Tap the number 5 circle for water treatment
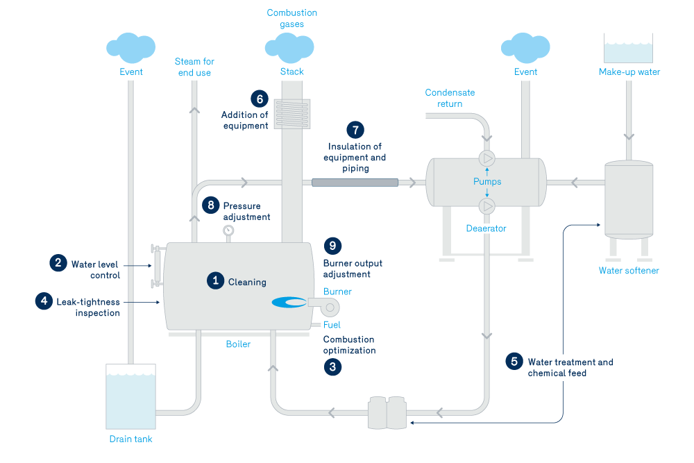coord(514,361)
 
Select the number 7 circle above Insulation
coord(355,130)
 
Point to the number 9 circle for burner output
coord(332,246)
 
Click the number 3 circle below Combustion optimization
coord(332,367)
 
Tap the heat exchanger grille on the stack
coord(291,113)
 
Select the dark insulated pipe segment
coord(355,183)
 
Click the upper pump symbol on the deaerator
coord(487,157)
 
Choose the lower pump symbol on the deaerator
coord(487,206)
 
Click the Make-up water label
coord(629,72)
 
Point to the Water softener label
coord(629,271)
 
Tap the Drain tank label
coord(130,439)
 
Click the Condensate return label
coord(450,98)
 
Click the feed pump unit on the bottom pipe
coord(388,413)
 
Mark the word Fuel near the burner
coord(332,325)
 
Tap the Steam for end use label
coord(194,67)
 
